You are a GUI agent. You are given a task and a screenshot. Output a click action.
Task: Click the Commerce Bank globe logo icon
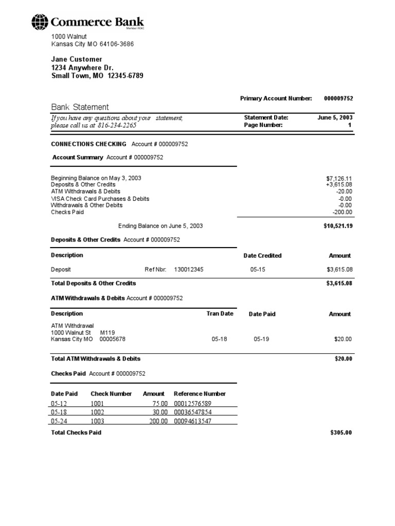(40, 22)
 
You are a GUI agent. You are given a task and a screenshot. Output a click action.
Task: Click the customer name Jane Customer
(77, 59)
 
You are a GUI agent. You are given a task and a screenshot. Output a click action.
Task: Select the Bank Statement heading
(80, 107)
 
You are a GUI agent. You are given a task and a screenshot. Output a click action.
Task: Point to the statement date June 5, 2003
(335, 117)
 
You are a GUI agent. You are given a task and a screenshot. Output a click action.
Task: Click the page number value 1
(350, 125)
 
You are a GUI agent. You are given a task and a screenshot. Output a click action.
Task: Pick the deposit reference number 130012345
(189, 269)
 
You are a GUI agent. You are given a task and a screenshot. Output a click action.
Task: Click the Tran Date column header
(220, 313)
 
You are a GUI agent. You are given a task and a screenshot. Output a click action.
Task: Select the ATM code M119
(107, 332)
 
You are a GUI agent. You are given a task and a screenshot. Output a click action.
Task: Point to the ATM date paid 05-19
(261, 339)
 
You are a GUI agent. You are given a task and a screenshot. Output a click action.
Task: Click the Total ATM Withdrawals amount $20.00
(343, 359)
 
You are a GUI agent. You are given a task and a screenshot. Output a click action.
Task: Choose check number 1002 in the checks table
(97, 412)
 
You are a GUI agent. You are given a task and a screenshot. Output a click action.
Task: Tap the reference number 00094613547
(193, 421)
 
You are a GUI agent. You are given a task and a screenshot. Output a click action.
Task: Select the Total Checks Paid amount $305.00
(341, 433)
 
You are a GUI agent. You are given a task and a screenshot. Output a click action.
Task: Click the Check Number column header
(111, 393)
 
